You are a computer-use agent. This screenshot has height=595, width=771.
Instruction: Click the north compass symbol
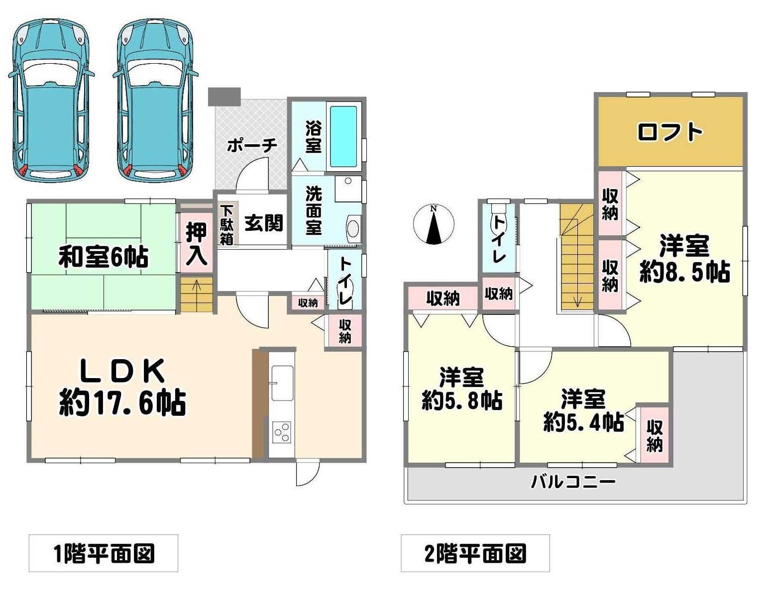434,225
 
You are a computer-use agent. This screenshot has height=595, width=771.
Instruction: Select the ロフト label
670,132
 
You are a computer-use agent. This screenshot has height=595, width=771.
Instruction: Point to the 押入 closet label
197,244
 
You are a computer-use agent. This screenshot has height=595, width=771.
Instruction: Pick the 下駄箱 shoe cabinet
227,225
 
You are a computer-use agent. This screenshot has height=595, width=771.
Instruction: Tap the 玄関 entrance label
264,223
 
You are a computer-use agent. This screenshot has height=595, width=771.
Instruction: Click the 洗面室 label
314,210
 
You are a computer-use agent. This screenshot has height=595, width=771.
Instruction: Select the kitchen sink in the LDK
282,383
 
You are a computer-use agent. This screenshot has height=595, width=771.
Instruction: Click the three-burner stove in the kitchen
282,433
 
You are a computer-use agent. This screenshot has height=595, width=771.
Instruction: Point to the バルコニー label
573,482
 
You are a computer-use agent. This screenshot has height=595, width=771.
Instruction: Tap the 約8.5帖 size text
685,272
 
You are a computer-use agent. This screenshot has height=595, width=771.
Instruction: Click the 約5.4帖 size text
584,421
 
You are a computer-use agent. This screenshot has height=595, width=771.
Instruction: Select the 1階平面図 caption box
103,553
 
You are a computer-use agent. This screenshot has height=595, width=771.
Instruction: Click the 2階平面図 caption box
475,553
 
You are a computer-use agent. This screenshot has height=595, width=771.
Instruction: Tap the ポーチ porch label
252,145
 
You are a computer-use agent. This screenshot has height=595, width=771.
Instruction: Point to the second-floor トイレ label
499,240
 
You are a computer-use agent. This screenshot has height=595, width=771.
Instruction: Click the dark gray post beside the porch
224,97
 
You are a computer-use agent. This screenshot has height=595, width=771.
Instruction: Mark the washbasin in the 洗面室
353,228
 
